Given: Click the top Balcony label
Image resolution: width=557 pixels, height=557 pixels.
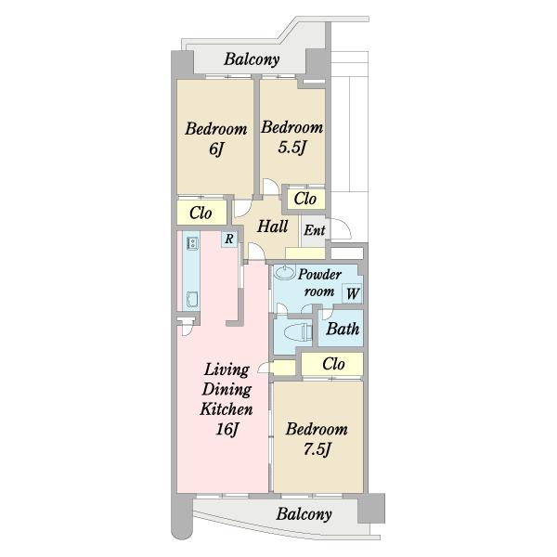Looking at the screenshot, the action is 252,59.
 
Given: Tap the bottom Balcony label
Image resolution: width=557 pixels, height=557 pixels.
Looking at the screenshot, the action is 304,514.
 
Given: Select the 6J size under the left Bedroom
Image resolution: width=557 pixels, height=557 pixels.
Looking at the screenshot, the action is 216,149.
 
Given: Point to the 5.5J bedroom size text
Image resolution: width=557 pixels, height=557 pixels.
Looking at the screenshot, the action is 291,147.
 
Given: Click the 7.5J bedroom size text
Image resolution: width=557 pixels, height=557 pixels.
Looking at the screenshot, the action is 317,449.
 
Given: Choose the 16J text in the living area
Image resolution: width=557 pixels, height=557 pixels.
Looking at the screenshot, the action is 227,429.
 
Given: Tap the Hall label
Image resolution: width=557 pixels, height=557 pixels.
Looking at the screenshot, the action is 272,227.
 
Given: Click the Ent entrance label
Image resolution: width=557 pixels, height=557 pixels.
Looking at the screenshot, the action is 315,230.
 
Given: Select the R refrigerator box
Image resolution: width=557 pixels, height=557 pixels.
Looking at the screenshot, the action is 229,239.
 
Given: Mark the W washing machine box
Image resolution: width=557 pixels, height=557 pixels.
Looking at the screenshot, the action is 352,293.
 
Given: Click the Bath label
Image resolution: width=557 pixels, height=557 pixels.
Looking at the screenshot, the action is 343,329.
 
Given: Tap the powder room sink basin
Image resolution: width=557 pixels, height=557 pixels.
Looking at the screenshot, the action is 285,273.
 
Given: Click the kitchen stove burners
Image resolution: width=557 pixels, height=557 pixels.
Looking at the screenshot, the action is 192,243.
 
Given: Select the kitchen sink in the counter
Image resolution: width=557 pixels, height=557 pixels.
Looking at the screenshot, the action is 192,299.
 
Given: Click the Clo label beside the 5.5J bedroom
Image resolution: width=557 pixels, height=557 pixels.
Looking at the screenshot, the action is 305,199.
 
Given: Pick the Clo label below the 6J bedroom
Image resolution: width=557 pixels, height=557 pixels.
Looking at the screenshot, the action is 201,214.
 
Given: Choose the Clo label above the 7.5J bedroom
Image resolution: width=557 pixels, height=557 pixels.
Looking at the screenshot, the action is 333,364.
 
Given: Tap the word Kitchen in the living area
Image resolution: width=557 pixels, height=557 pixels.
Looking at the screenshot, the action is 227,409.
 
